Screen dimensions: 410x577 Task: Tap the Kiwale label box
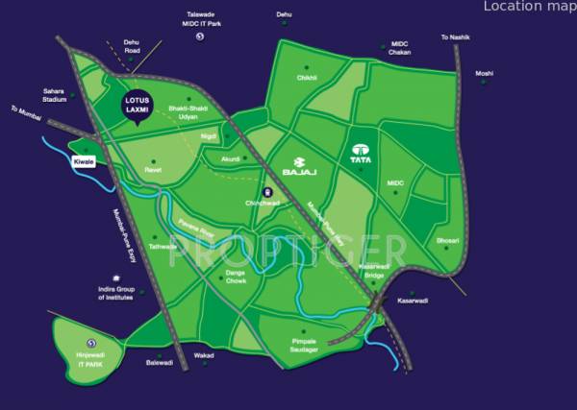coord(85,162)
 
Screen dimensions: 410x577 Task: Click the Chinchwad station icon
coord(269,191)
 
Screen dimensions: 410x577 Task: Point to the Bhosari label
coord(448,240)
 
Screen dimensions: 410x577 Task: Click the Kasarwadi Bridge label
coord(374,271)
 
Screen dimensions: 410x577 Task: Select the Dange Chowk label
coord(236,277)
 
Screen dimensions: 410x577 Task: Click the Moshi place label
coord(484,73)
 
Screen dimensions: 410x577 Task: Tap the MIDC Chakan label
coord(400,49)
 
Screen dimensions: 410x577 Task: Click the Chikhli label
coord(308,78)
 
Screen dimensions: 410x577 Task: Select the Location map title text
coord(529,7)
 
